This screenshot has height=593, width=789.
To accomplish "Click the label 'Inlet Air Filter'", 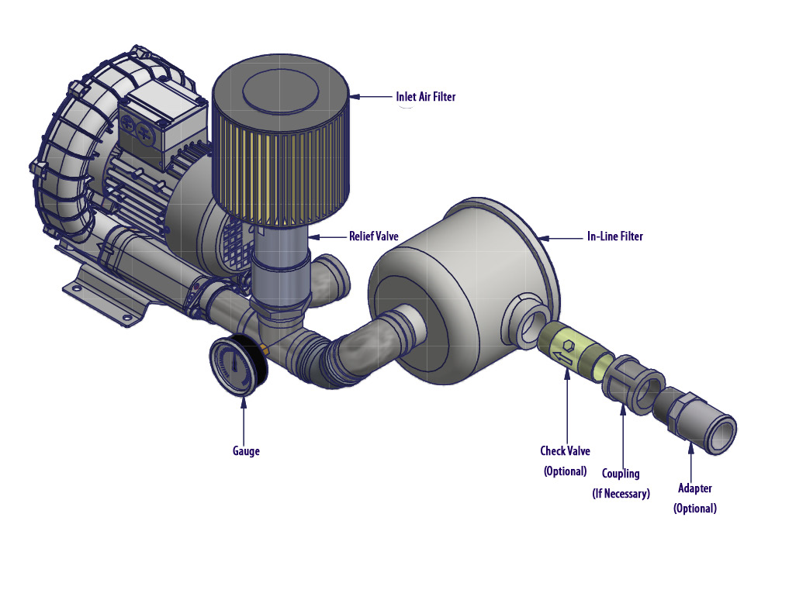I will coord(426,97).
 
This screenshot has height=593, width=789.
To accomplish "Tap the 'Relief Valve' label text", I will coord(374,236).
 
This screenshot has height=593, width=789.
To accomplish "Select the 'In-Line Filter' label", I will coord(614,236).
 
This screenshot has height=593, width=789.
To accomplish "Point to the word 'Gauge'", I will coord(246,451).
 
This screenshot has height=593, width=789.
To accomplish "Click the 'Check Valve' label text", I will coord(565,450).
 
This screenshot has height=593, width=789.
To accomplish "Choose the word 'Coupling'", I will coord(621,474).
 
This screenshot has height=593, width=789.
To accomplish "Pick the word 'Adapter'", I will coord(694,488).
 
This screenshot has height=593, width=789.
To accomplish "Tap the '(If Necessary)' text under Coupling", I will coord(620,494).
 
